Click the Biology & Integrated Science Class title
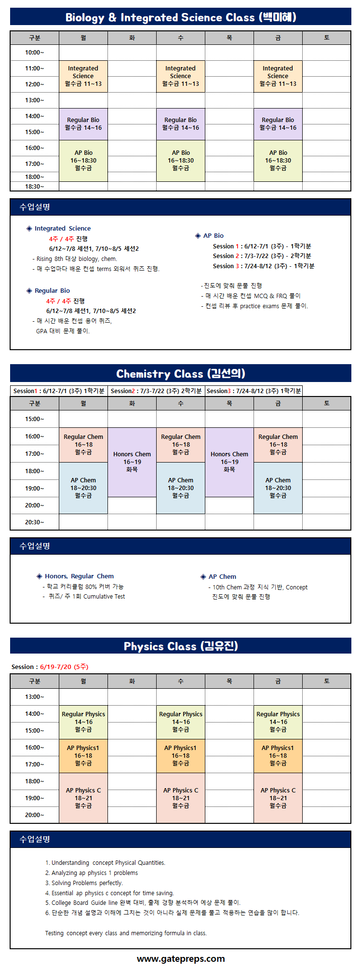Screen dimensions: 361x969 [x=181, y=18]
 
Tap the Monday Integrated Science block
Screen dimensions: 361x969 [x=83, y=76]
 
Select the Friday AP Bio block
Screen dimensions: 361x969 [x=278, y=161]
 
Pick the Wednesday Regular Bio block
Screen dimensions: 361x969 [x=181, y=124]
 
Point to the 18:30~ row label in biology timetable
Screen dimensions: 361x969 [x=35, y=187]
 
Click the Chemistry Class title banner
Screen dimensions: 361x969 [x=181, y=373]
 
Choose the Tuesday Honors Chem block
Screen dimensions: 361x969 [x=132, y=462]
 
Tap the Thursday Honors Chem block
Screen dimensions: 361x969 [x=229, y=462]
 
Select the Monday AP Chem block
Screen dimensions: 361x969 [x=83, y=488]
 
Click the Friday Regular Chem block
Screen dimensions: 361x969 [x=278, y=445]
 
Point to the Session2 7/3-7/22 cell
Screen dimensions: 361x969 [x=157, y=391]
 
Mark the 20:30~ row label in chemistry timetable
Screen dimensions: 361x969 [x=35, y=522]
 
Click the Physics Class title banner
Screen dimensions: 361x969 [x=181, y=646]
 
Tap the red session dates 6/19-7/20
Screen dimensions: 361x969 [x=64, y=667]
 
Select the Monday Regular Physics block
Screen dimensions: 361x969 [x=83, y=722]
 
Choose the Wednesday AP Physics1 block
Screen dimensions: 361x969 [x=181, y=756]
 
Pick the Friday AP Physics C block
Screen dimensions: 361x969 [x=278, y=798]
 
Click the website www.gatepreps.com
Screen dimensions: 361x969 [x=181, y=959]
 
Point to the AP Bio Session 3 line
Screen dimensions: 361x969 [x=264, y=266]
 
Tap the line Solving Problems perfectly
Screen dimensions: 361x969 [x=84, y=883]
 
